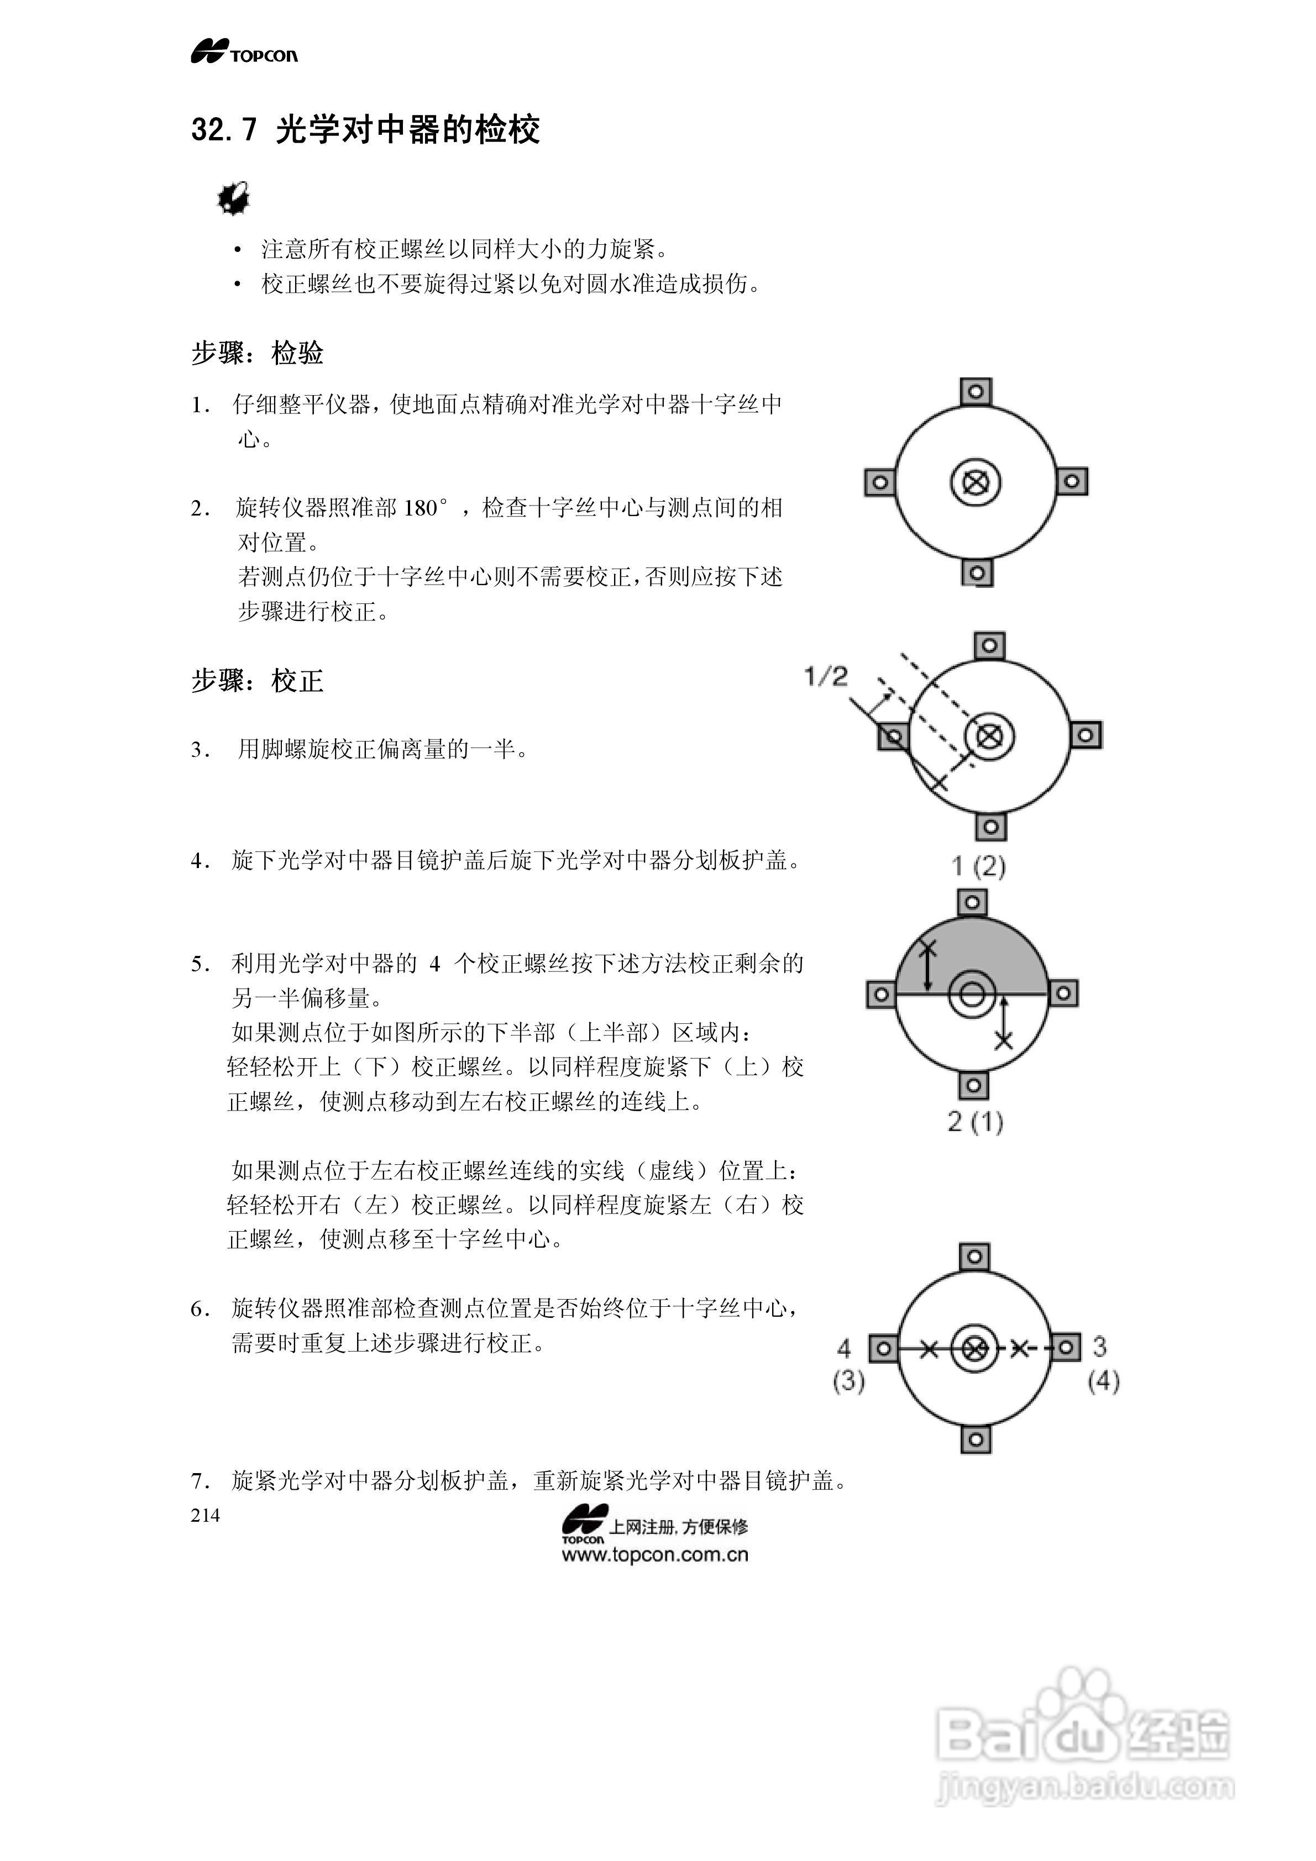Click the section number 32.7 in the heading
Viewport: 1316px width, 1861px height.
click(224, 130)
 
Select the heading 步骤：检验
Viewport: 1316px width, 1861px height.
click(257, 354)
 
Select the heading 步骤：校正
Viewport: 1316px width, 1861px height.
click(257, 681)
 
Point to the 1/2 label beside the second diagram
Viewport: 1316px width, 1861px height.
click(825, 676)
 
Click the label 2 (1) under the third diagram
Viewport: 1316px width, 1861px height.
click(976, 1122)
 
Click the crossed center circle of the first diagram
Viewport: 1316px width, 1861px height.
click(976, 483)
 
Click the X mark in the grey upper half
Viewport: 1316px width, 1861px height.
click(929, 948)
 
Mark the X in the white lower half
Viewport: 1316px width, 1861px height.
click(1004, 1040)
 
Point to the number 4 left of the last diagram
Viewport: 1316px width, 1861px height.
click(844, 1348)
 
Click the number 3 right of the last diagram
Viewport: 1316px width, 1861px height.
click(1099, 1347)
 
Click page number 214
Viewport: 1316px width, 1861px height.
click(205, 1516)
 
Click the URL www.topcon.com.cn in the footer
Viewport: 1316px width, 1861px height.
click(654, 1555)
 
